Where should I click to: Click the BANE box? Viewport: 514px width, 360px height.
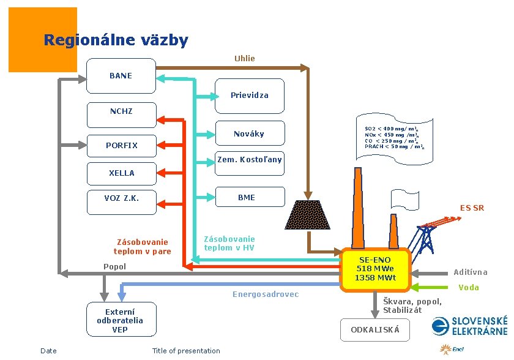(121, 76)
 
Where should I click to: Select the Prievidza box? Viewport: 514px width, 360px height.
(249, 96)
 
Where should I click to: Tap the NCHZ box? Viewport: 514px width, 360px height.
(121, 111)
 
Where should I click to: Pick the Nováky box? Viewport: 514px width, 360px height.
(249, 134)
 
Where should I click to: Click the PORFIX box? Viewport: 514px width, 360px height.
(121, 146)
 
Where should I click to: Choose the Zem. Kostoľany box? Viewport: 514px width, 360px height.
(249, 160)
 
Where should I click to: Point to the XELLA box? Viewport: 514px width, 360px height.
(121, 173)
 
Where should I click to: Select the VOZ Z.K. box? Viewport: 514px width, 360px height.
(121, 198)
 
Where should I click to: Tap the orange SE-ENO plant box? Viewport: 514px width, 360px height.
(376, 269)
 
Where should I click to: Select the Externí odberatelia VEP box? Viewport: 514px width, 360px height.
(120, 320)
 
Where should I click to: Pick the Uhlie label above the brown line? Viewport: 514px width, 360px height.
(244, 59)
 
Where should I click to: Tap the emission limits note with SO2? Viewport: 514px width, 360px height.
(392, 138)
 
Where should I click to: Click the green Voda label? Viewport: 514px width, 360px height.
(469, 288)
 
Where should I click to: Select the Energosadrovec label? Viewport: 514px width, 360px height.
(266, 294)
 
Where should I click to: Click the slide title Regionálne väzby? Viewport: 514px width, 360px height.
(116, 41)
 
